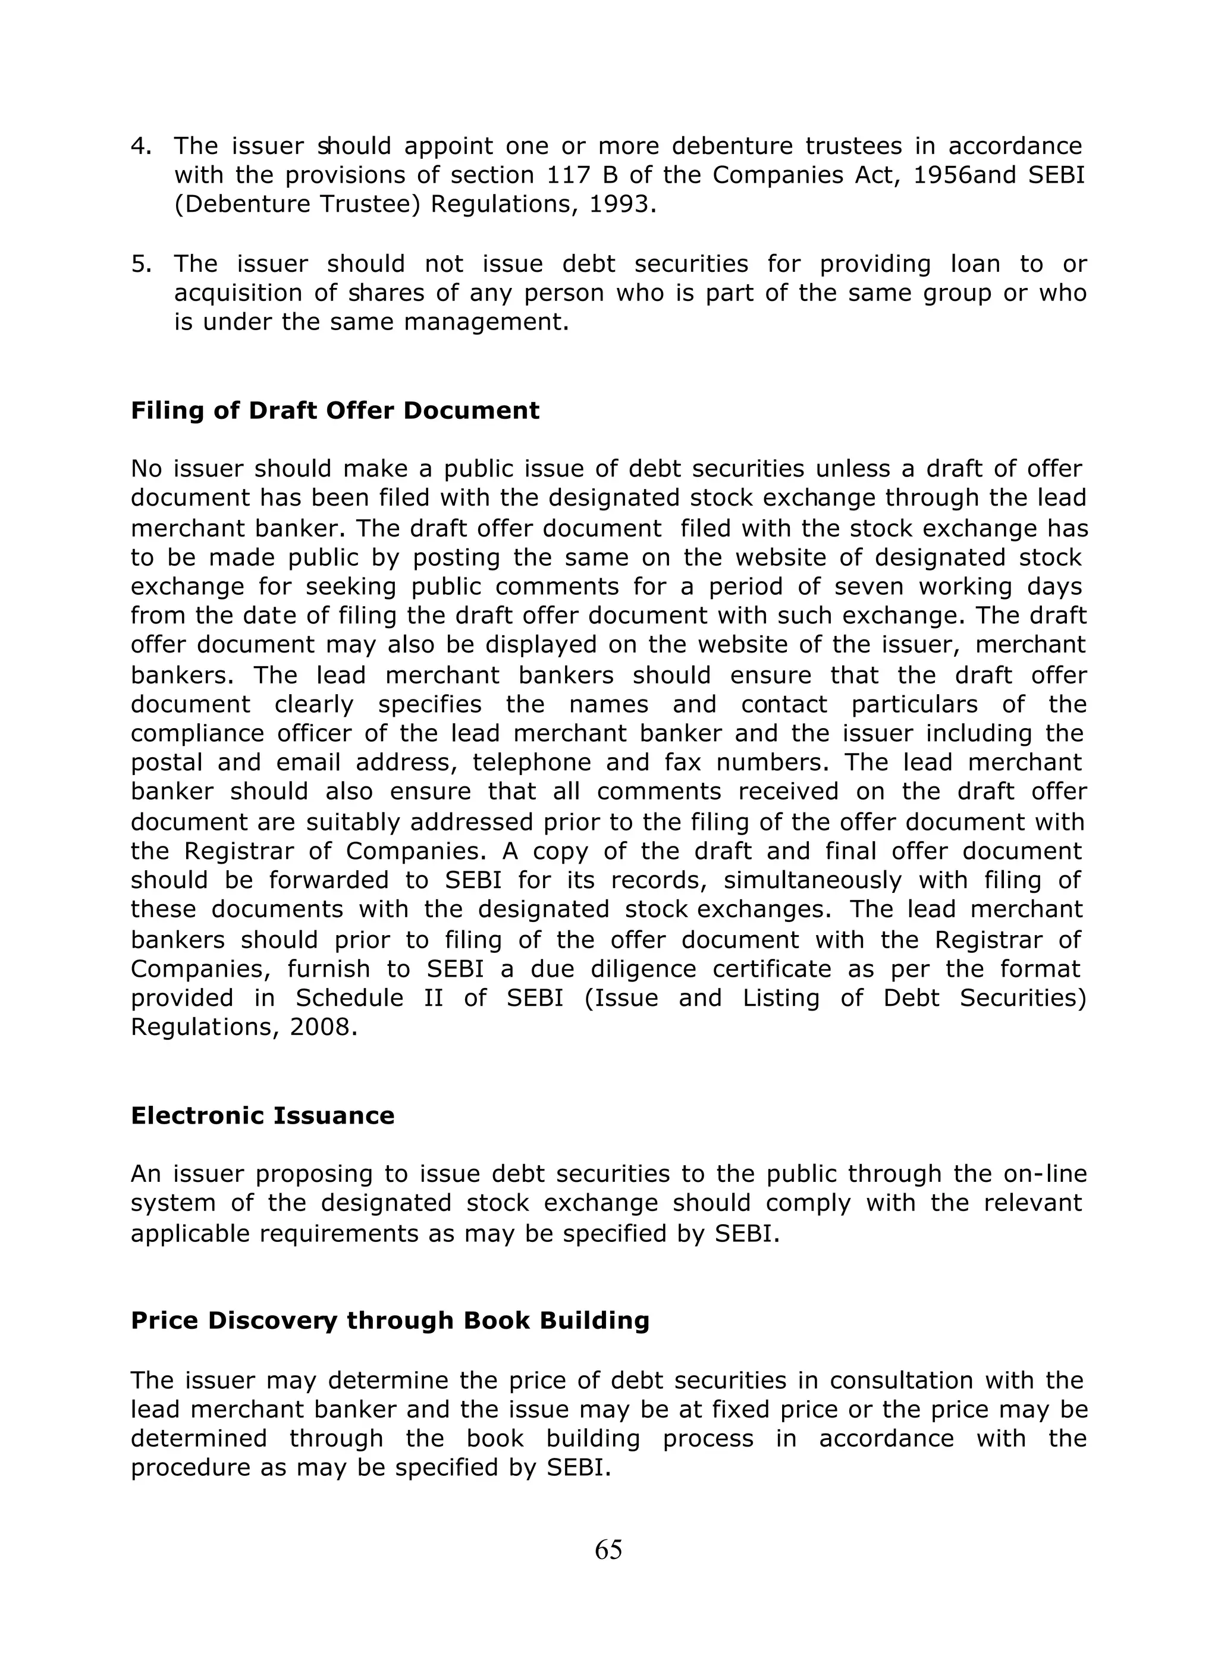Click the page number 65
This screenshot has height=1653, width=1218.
coord(608,1550)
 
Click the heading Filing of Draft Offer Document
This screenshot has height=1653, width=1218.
coord(335,410)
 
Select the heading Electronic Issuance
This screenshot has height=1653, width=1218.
coord(262,1115)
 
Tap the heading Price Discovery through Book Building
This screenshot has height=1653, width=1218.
coord(390,1320)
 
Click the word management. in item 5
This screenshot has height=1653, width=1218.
coord(486,323)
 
